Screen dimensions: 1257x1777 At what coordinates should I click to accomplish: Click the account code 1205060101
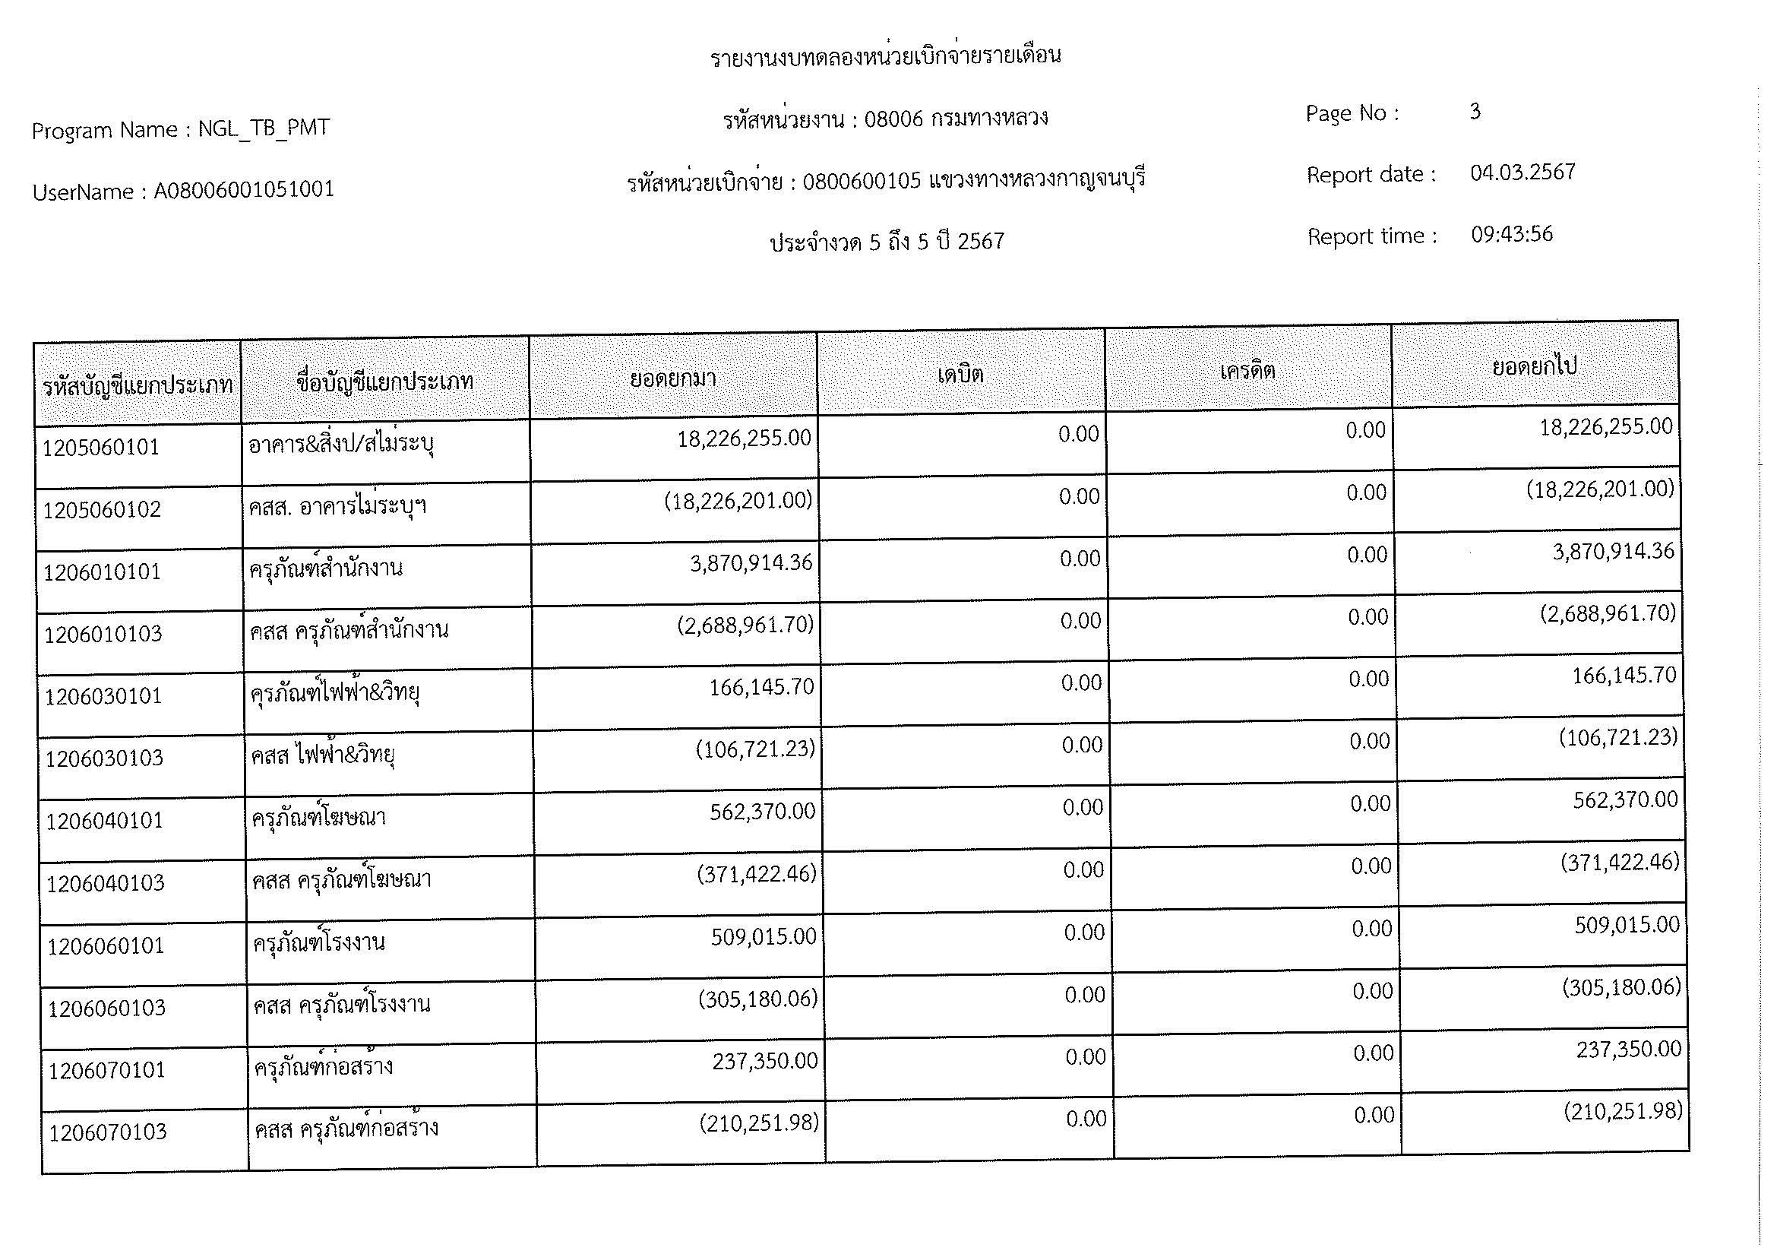(x=100, y=448)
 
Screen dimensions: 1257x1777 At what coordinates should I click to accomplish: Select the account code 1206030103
(x=104, y=758)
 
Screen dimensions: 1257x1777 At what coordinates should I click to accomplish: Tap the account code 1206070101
(x=107, y=1071)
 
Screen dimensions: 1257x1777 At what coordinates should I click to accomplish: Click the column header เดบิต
(x=960, y=375)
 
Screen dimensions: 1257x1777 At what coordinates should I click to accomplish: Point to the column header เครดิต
(x=1247, y=371)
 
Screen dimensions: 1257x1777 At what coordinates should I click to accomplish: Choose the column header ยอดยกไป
(x=1534, y=366)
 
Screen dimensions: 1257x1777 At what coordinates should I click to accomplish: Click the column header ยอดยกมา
(x=672, y=378)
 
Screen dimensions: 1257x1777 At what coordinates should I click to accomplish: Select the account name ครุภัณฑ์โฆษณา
(x=319, y=818)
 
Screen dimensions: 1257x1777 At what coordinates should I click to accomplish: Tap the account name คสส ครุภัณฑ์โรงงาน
(x=341, y=1005)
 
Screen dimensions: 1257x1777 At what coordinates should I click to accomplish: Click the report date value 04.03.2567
(x=1522, y=172)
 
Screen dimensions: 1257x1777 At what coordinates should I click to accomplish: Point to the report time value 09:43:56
(x=1512, y=235)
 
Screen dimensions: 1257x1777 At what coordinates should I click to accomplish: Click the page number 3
(x=1475, y=112)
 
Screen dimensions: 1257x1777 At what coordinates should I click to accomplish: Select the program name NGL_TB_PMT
(x=264, y=128)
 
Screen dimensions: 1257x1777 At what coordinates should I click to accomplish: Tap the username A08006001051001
(x=244, y=190)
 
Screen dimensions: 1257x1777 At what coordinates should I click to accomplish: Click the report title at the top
(x=885, y=56)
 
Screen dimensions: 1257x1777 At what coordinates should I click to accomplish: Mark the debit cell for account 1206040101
(x=1081, y=807)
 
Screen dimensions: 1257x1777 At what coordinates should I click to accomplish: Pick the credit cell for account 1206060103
(x=1371, y=991)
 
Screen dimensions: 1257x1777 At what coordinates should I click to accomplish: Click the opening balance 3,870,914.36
(x=751, y=562)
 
